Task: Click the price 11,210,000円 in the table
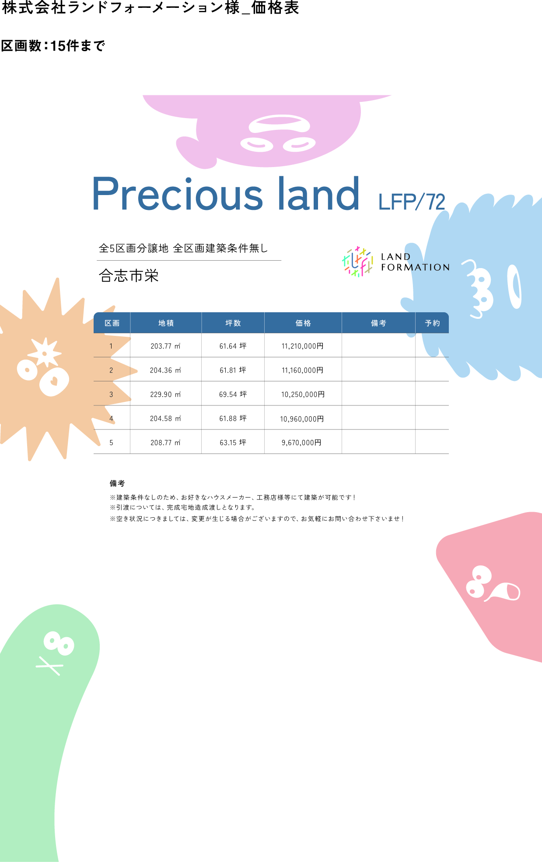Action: (x=302, y=346)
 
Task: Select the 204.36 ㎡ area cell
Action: (x=165, y=370)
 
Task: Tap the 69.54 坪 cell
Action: (x=233, y=394)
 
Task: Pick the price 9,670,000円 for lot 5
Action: (x=301, y=443)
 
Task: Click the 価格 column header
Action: (x=303, y=323)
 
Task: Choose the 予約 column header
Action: (x=432, y=323)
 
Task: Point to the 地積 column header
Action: (x=166, y=323)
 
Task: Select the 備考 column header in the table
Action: (x=378, y=323)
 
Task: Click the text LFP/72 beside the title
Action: (x=412, y=202)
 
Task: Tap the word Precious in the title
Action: (x=177, y=194)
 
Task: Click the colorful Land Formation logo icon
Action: (x=358, y=262)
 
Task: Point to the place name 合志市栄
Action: (x=129, y=276)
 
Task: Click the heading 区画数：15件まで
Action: (x=53, y=45)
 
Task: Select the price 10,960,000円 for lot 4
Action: (x=302, y=419)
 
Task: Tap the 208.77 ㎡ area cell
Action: (x=165, y=443)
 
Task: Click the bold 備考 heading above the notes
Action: (x=117, y=483)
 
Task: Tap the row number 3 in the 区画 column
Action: (x=111, y=394)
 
